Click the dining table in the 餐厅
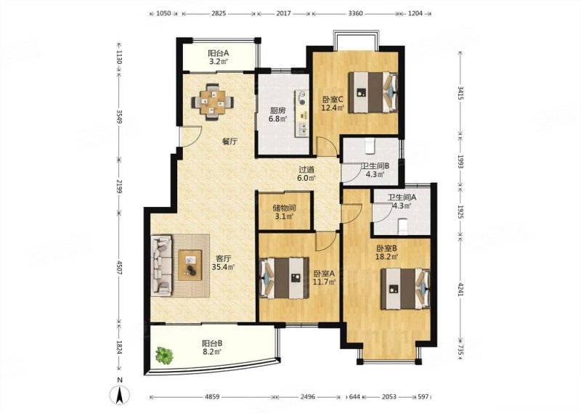213,102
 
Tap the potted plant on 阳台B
164,355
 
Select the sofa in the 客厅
161,266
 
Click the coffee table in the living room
190,265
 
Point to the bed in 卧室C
373,92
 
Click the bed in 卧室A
285,278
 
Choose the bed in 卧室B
405,289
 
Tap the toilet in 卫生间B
370,146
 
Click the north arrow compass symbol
119,393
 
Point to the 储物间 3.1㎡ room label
284,212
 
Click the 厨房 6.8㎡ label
277,115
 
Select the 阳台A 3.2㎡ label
218,57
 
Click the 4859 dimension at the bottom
212,397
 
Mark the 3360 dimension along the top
356,14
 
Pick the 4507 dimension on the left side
119,267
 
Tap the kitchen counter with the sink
302,113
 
